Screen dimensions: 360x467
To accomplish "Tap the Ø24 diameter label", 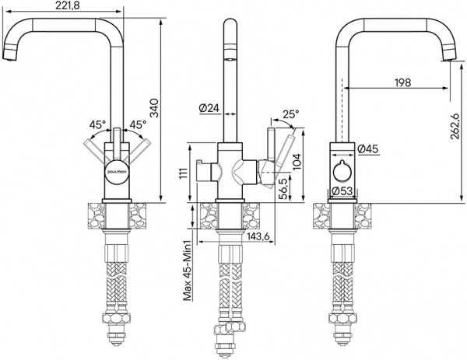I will tap(208, 109).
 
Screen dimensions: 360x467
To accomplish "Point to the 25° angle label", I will tap(290, 114).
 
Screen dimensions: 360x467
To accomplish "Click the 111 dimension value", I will tap(184, 173).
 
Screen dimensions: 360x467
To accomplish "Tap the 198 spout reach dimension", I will tap(402, 82).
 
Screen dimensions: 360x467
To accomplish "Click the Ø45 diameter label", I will tap(367, 149).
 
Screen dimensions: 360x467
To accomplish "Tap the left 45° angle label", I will tap(98, 124).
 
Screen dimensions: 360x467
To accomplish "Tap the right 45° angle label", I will tap(139, 124).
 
